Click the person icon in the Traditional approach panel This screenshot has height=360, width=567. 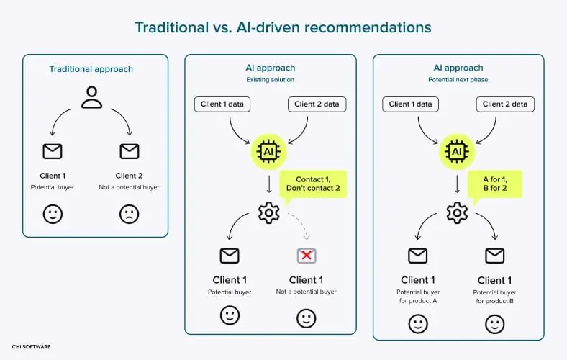[91, 97]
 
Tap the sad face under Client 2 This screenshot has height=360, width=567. [129, 215]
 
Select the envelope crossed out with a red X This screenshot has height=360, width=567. [307, 255]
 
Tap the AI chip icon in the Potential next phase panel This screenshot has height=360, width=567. [455, 151]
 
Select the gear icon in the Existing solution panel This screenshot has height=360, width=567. [268, 212]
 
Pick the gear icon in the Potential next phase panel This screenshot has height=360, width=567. [457, 212]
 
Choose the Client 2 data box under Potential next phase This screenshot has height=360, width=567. [504, 104]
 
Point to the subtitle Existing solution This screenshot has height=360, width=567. [271, 80]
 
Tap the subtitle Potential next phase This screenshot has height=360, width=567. [458, 80]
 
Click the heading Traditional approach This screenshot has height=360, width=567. [91, 69]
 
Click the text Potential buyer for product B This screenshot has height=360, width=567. [494, 297]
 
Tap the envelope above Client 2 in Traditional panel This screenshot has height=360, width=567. [129, 151]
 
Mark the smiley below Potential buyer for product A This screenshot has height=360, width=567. [418, 324]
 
